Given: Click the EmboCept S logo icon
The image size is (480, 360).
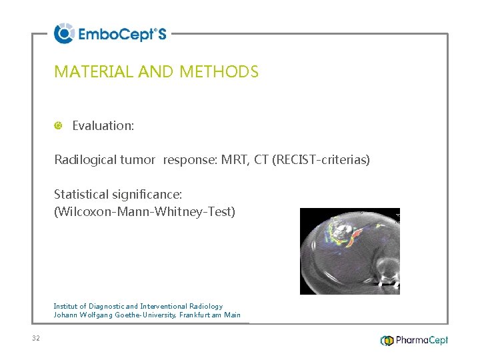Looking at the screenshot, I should coord(64,33).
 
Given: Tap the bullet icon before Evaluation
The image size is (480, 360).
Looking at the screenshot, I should coord(59,125).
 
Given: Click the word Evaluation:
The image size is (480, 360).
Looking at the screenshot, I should coord(103,125).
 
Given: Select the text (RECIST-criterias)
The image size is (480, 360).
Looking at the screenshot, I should coord(321,160).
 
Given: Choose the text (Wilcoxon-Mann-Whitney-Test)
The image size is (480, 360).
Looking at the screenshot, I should coord(145,212).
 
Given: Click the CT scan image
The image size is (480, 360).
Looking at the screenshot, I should coord(349,251).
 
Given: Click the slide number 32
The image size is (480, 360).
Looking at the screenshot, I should coord(36,339).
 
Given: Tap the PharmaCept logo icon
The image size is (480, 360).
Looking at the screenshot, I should coord(387,341).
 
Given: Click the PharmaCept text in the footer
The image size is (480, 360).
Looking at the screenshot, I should coord(422,341).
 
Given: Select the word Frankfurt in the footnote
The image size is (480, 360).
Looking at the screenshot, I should coord(196,315).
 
